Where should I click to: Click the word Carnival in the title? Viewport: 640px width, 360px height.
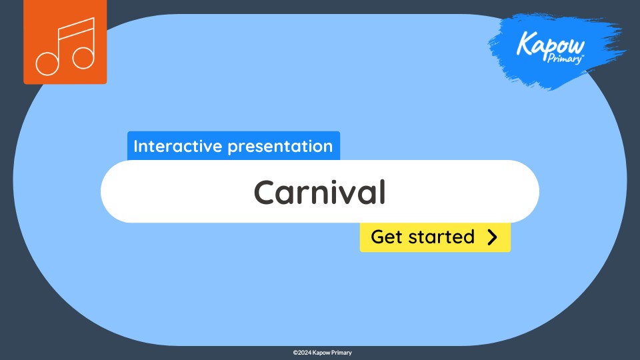(319, 193)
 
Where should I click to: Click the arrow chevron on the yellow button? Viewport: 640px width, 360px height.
(492, 237)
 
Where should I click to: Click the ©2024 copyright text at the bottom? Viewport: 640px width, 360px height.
(303, 352)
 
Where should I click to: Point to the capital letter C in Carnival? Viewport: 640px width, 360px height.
(265, 193)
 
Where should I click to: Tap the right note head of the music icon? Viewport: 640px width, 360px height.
(83, 57)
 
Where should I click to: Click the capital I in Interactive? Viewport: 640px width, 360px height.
(136, 146)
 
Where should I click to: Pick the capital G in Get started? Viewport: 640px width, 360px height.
(377, 237)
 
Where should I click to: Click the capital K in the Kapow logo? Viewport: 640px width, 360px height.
(524, 45)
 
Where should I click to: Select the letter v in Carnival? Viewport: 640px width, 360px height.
(344, 194)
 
